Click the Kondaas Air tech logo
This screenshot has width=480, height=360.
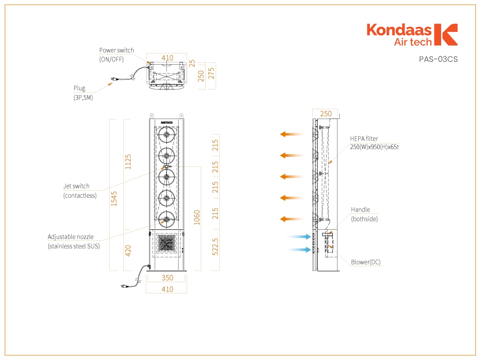[412, 35]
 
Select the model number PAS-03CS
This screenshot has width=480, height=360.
[438, 59]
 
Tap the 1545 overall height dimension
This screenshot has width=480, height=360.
[114, 199]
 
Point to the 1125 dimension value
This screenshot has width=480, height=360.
[128, 162]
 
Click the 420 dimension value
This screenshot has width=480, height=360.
[128, 250]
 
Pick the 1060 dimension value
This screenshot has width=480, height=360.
[197, 217]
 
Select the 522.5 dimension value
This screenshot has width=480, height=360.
[215, 247]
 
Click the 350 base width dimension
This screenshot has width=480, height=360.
[167, 277]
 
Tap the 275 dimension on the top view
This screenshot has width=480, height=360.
[211, 74]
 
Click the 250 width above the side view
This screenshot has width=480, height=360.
[326, 113]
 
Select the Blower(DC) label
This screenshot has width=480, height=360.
[366, 262]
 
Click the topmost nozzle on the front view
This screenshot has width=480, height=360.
[166, 135]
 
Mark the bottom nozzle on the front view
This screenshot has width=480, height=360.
[166, 219]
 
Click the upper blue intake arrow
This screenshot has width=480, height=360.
[299, 236]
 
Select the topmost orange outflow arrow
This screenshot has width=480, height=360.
[292, 134]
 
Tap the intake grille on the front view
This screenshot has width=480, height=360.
[166, 243]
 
